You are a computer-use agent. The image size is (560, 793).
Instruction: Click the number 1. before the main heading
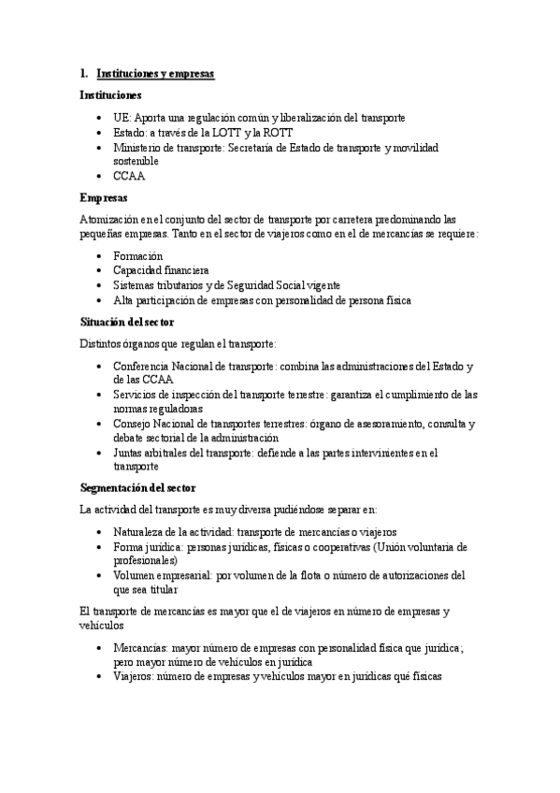point(84,73)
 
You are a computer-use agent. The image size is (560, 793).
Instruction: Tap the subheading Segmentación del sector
point(137,487)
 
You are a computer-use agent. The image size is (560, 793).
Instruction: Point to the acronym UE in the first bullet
point(121,119)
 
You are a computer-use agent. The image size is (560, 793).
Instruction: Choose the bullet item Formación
point(137,255)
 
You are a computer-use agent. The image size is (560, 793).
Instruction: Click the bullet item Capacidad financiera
point(161,270)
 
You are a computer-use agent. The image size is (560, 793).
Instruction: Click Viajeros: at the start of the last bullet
point(134,675)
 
